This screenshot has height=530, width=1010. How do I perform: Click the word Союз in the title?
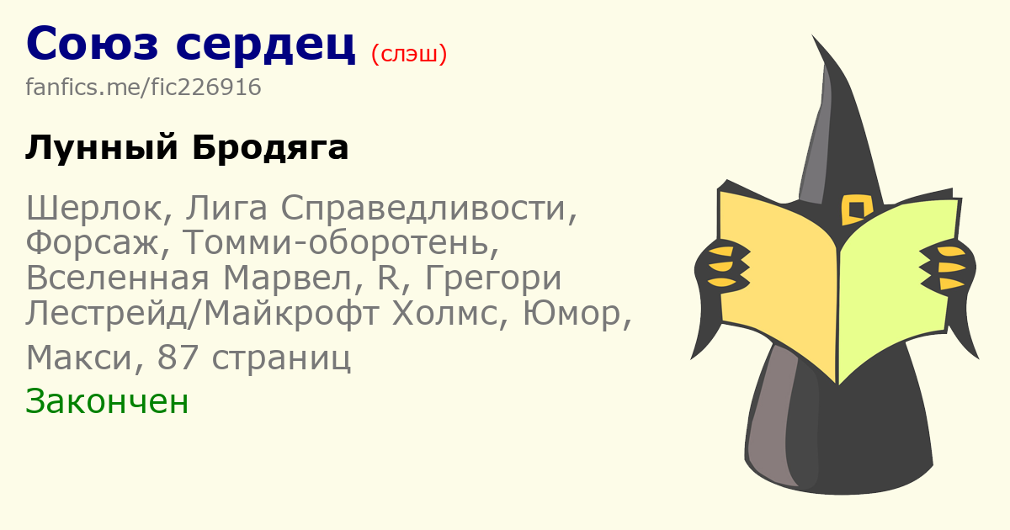(93, 44)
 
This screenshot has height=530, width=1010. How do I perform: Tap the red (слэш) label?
(409, 54)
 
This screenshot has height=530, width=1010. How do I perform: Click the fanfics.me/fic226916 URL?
(143, 87)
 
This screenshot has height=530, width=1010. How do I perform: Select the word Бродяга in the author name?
(270, 147)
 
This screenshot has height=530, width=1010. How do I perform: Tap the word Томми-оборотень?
(341, 242)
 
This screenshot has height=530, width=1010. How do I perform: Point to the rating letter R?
(388, 278)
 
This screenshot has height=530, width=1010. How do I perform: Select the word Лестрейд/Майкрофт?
(202, 313)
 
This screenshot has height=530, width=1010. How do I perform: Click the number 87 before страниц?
(178, 358)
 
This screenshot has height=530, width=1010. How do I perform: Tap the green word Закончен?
(107, 401)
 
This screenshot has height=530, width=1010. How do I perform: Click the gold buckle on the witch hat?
(857, 210)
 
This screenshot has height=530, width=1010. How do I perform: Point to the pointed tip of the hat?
(812, 35)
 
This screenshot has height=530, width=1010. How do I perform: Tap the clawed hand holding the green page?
(947, 267)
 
